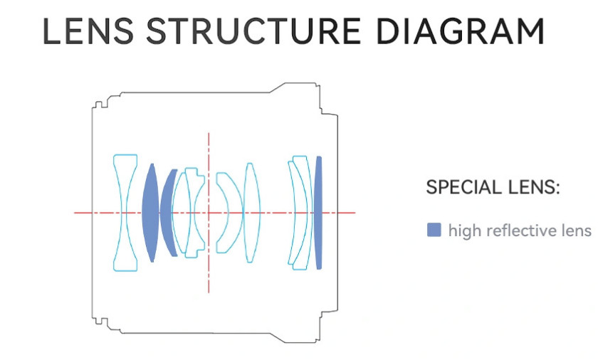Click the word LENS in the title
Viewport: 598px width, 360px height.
[x=88, y=31]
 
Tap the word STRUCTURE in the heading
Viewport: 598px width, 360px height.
[x=253, y=31]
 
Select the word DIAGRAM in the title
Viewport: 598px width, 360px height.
[x=461, y=31]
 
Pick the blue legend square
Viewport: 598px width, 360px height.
[x=434, y=230]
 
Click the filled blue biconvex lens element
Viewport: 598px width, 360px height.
[x=150, y=213]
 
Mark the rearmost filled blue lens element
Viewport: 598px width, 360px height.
[x=318, y=213]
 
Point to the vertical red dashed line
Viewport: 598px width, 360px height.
[x=209, y=213]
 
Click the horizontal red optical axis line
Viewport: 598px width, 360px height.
[x=215, y=213]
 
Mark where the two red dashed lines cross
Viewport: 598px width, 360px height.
[x=209, y=213]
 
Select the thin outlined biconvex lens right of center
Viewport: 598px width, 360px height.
[x=251, y=213]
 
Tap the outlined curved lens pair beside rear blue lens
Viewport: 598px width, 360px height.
[x=301, y=213]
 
